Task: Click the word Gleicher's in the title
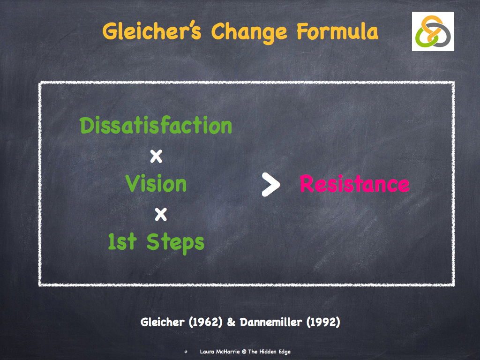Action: [x=153, y=31]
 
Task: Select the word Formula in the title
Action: [x=337, y=31]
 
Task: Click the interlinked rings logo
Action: [x=433, y=31]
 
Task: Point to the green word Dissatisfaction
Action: [x=156, y=126]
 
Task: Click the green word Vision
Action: [x=156, y=184]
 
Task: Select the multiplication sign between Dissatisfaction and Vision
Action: [x=156, y=156]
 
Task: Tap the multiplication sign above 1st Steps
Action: [x=161, y=214]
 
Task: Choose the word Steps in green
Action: [x=175, y=242]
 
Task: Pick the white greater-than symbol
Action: [x=270, y=184]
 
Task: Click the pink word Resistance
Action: [x=354, y=184]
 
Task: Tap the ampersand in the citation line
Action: [x=231, y=322]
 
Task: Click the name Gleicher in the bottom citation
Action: [x=162, y=322]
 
